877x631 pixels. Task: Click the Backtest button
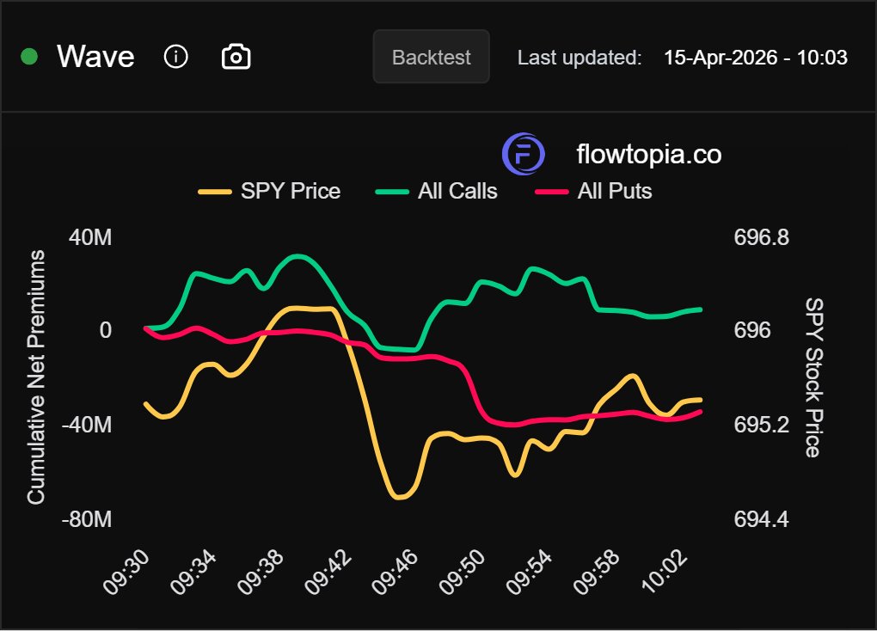[431, 58]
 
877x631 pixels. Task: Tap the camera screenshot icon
[236, 58]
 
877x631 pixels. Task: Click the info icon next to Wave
[175, 58]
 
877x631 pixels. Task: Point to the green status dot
[29, 58]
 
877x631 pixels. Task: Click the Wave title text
[95, 58]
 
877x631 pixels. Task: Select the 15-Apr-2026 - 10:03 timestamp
[756, 58]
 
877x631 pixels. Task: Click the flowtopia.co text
[648, 155]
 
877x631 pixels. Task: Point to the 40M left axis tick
[90, 237]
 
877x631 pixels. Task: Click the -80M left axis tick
[87, 520]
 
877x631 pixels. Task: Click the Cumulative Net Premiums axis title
[36, 378]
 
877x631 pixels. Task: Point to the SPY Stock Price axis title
[813, 378]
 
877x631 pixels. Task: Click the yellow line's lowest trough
[400, 497]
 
